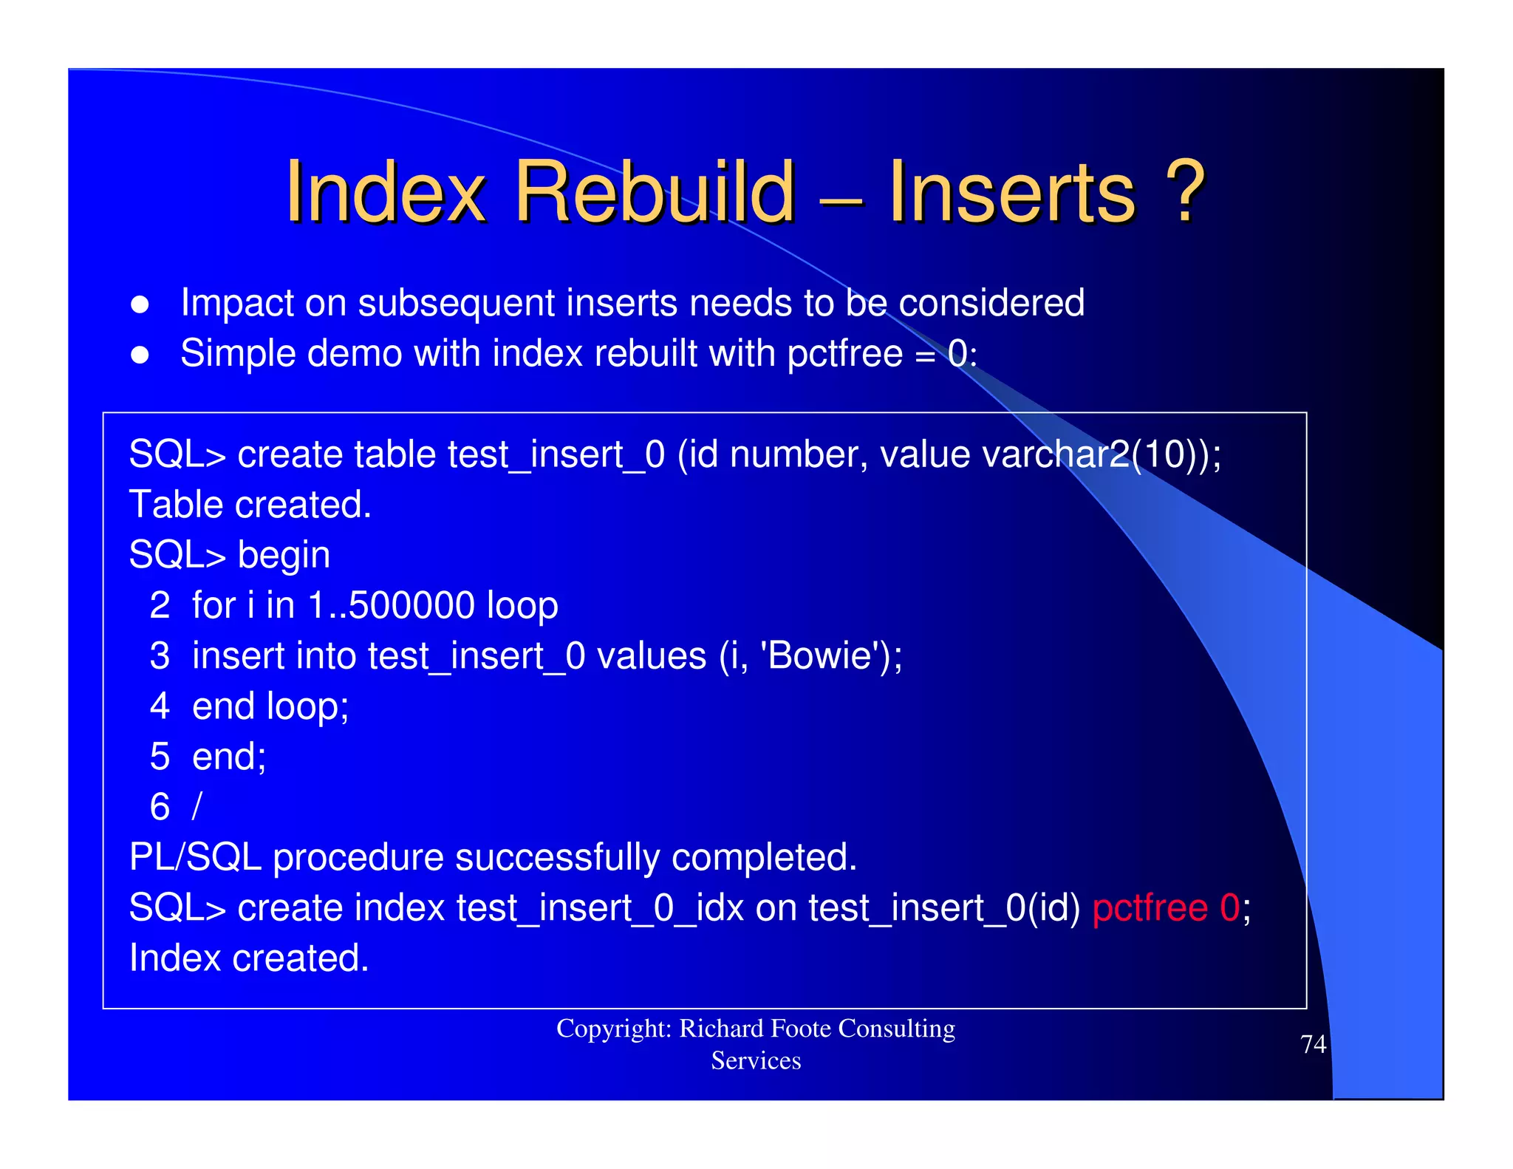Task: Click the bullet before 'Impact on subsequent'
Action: pos(140,304)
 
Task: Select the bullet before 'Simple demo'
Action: pos(140,355)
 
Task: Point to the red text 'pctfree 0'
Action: pos(1166,907)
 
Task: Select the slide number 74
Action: pos(1313,1044)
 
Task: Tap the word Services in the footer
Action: pos(756,1061)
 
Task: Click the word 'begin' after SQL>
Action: pos(284,556)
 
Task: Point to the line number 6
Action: pos(160,807)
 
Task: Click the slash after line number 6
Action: pos(197,807)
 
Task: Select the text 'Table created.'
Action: pos(250,505)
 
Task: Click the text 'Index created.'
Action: pos(248,958)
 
